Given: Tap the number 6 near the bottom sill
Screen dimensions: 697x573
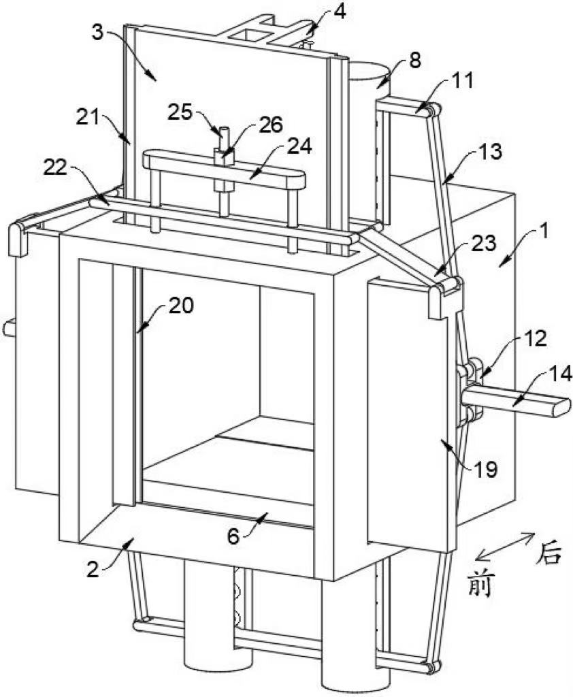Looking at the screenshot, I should pyautogui.click(x=233, y=536).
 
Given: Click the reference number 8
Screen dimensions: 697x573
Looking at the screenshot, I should pyautogui.click(x=414, y=61).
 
